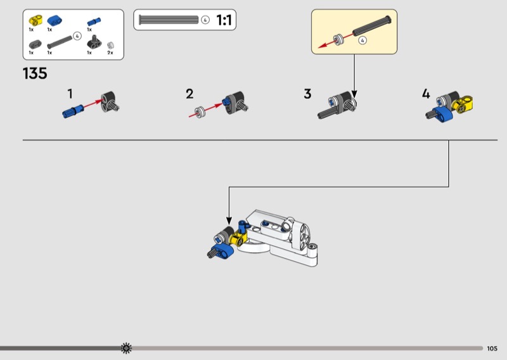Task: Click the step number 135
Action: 35,74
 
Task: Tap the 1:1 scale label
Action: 224,20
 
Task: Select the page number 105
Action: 492,349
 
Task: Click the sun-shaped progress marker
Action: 126,348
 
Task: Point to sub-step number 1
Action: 70,94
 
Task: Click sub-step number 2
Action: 189,94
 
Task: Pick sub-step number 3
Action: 307,94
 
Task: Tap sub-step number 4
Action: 426,94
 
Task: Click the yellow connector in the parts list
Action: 35,20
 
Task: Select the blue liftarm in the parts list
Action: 55,21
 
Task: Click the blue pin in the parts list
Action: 94,22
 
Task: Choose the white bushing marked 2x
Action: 110,45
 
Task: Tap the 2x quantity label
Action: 110,53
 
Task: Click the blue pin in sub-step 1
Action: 73,111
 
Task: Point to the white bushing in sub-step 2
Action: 200,112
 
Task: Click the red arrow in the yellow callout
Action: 335,41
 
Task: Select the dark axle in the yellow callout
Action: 372,25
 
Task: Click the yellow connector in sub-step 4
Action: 463,104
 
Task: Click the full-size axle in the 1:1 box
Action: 169,20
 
